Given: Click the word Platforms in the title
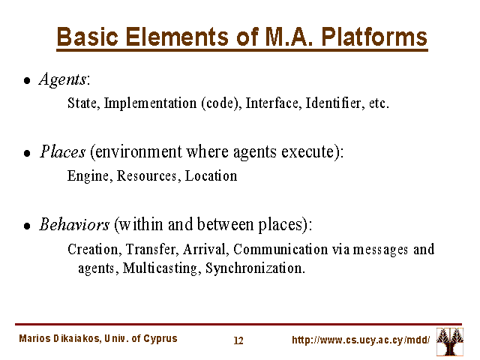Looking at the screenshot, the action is point(374,37).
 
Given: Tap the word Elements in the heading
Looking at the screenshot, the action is point(177,37).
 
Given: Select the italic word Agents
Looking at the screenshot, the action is point(63,79).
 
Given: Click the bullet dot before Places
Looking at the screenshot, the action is point(27,153).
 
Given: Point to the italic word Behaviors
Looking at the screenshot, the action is point(74,224).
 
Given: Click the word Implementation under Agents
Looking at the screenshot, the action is point(150,103).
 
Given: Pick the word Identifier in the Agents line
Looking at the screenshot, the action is point(333,103).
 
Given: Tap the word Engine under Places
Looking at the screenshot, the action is point(88,176).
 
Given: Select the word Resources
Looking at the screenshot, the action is point(147,176).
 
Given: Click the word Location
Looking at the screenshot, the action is point(211,176).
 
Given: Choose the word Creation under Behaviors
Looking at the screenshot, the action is point(93,250).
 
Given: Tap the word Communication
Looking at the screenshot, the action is point(280,250).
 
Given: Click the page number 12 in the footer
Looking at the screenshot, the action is point(238,340).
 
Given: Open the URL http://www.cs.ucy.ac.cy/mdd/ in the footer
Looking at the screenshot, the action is point(361,340).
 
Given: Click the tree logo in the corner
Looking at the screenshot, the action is point(450,342).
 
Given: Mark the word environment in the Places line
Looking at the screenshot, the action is point(139,151).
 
